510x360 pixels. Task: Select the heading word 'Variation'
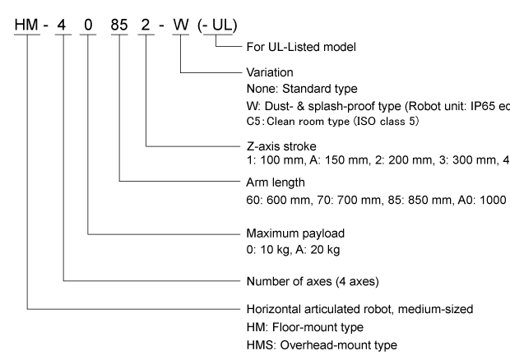268,72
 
